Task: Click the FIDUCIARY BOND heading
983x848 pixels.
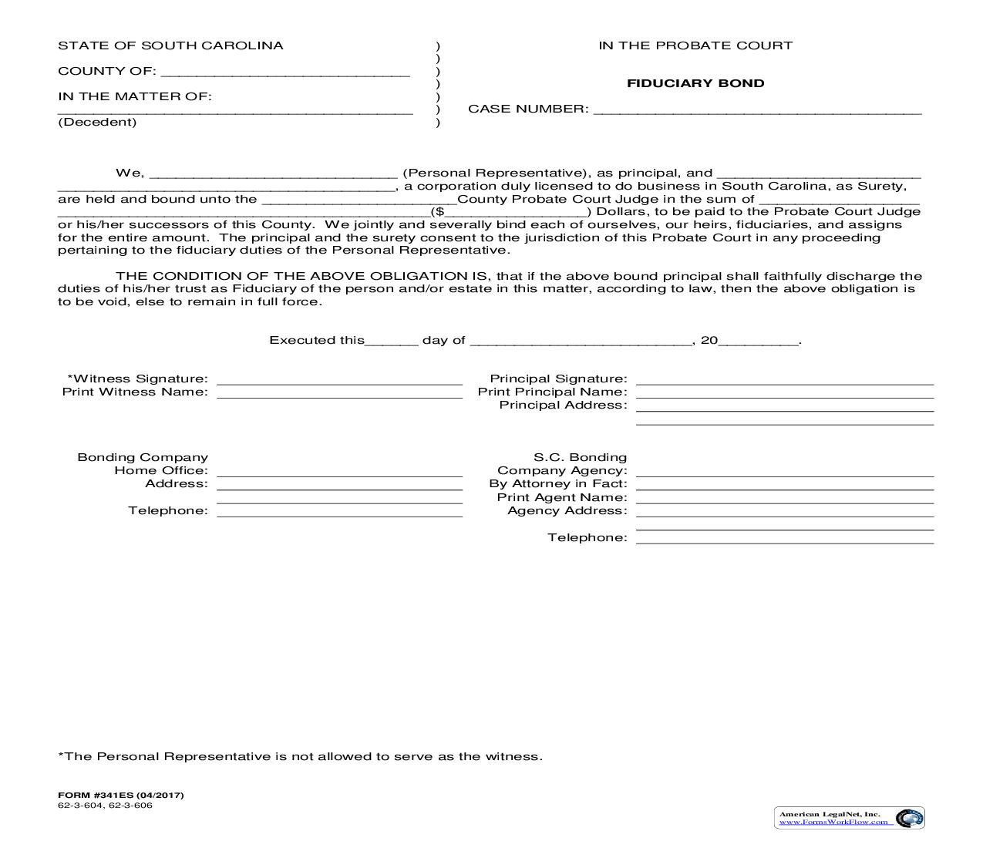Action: tap(695, 83)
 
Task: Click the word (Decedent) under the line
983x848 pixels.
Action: tap(97, 122)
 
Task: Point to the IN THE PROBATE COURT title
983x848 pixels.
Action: tap(695, 45)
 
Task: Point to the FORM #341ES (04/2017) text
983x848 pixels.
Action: tap(121, 795)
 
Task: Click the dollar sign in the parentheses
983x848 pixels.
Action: tap(439, 211)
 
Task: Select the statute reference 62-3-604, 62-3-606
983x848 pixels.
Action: tap(105, 806)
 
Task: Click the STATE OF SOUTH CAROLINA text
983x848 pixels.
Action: tap(170, 45)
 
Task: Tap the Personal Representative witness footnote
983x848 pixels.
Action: tap(300, 756)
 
